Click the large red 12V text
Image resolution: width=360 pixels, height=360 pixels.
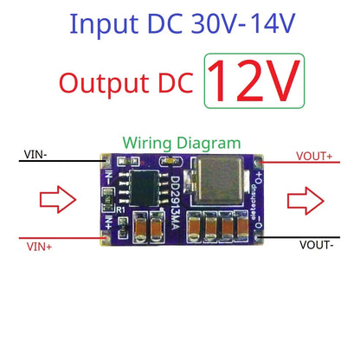coord(254,80)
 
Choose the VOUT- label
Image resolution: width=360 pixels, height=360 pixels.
coord(317,245)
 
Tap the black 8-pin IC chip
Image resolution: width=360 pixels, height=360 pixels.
coord(139,183)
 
